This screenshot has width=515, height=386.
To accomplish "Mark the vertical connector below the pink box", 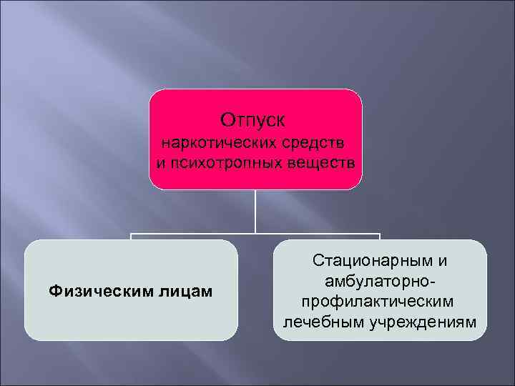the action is pyautogui.click(x=256, y=211).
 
